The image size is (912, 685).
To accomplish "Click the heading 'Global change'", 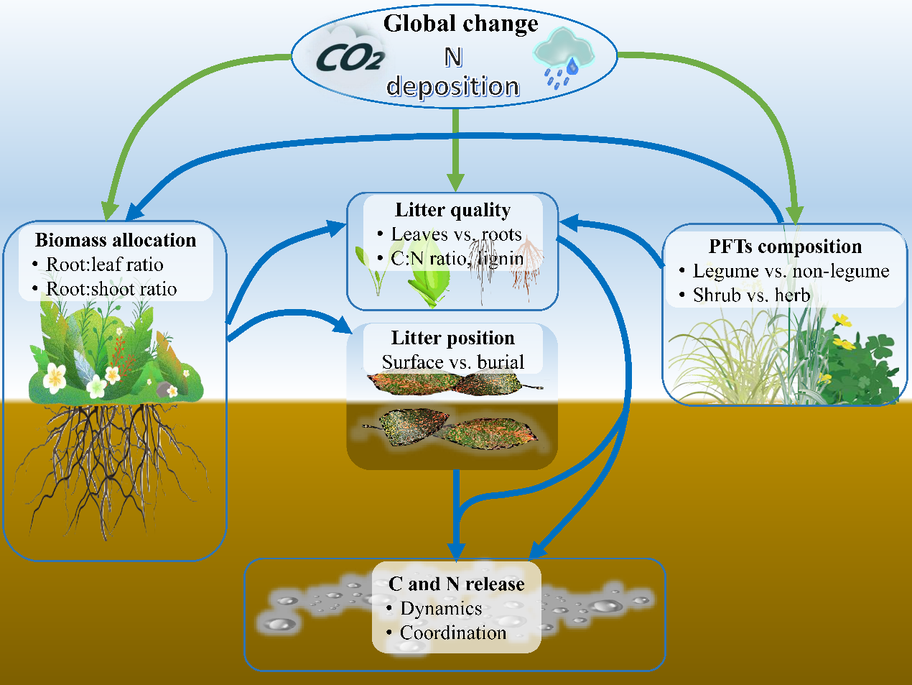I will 460,24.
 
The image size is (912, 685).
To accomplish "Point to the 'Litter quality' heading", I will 452,210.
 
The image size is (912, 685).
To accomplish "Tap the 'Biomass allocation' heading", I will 116,240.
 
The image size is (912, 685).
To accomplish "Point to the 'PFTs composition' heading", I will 785,247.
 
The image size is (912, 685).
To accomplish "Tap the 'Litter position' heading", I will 452,338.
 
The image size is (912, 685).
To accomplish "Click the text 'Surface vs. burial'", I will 452,362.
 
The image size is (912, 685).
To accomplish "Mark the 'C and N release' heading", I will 456,584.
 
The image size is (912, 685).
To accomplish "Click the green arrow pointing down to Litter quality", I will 454,151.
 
